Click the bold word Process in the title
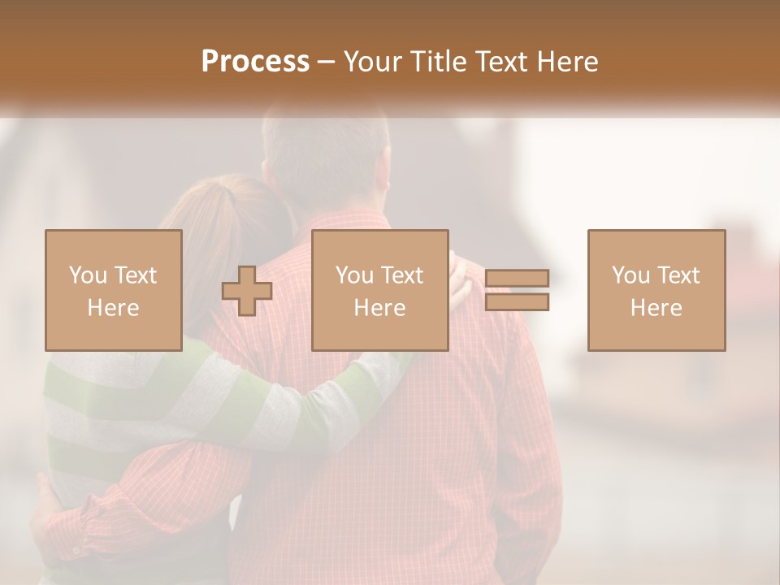tap(255, 62)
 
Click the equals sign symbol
tap(518, 290)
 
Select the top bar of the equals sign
tap(518, 279)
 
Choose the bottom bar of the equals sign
tap(518, 301)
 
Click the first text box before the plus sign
tap(114, 290)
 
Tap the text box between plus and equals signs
tap(380, 290)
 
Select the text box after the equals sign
tap(656, 290)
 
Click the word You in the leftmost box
tap(86, 275)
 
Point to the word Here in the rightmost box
tap(656, 307)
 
